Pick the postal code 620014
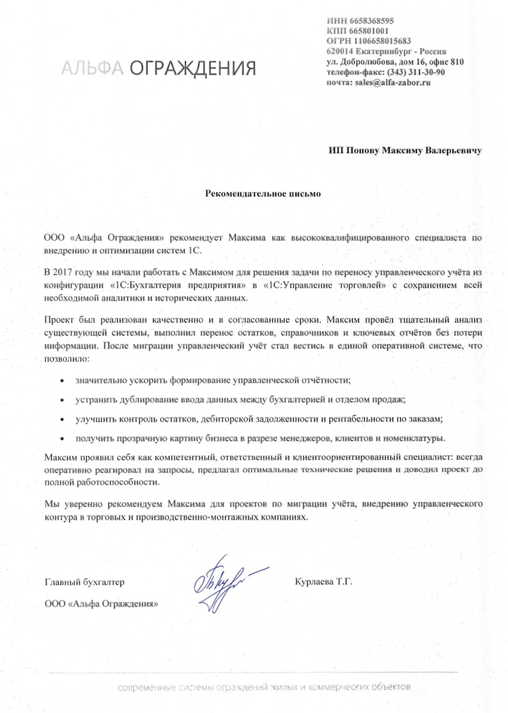340,51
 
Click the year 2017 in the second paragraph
67,272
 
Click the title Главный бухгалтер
84,582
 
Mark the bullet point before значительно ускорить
62,382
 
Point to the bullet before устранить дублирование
62,400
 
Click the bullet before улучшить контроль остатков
62,419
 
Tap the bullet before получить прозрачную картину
62,439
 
